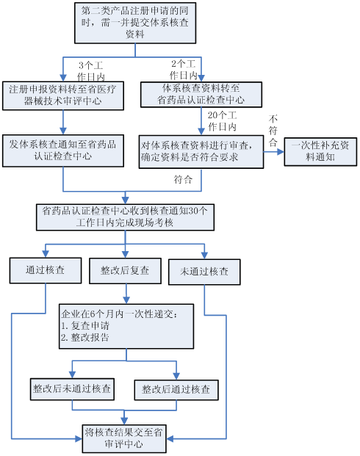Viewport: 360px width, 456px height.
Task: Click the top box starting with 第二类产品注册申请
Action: coord(135,23)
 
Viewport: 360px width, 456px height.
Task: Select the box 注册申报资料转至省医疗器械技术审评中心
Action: coord(63,95)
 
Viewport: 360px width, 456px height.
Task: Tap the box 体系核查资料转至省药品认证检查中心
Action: coord(201,95)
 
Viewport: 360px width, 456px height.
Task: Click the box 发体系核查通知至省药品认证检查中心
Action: coord(63,151)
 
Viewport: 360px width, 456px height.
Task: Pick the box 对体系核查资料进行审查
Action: coord(201,152)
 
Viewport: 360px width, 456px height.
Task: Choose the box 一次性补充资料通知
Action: coord(320,152)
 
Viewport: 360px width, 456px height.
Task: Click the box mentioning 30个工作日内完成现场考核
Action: coord(125,217)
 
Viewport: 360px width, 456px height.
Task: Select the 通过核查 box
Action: coord(46,270)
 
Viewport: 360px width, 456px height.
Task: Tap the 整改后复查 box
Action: coord(125,271)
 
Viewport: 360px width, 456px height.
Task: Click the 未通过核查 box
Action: coord(204,272)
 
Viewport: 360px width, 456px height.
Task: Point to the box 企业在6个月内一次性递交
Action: coord(126,326)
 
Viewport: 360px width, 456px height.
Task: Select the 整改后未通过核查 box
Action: coord(72,389)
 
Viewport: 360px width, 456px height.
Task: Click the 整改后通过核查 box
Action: coord(176,390)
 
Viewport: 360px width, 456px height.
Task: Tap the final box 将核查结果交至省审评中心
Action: coord(124,438)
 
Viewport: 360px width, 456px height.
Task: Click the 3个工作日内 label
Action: coord(91,71)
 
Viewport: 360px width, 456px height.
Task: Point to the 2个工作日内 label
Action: coord(184,70)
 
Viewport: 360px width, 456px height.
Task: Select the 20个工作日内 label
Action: coord(222,121)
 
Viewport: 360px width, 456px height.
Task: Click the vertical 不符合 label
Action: coord(273,130)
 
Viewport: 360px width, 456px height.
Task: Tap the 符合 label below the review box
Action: coord(183,179)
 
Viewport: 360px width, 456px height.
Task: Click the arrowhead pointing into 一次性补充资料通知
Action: coord(281,152)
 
